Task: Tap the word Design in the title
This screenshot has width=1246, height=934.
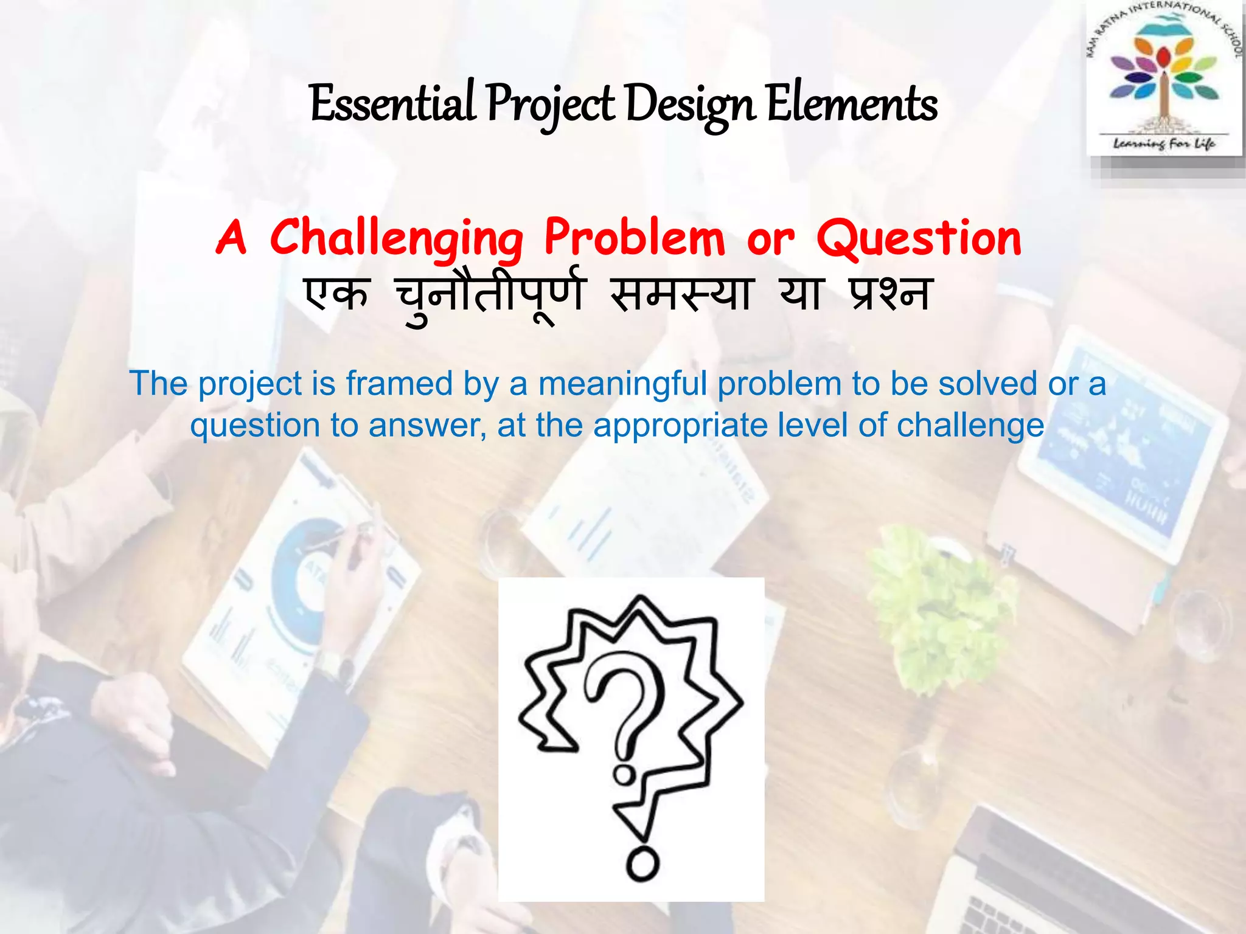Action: (690, 104)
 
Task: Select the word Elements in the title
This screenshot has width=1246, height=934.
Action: (852, 104)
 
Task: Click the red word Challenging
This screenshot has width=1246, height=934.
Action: (396, 238)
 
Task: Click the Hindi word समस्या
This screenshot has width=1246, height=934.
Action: (682, 294)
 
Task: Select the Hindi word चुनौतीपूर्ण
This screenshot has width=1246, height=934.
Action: (490, 296)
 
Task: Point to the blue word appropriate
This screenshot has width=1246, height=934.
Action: (680, 426)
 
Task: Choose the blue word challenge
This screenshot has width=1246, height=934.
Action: (970, 426)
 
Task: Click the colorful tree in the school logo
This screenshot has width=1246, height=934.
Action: (1164, 79)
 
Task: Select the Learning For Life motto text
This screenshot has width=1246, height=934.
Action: (1164, 144)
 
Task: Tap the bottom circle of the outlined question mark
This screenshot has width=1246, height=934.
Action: (642, 863)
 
